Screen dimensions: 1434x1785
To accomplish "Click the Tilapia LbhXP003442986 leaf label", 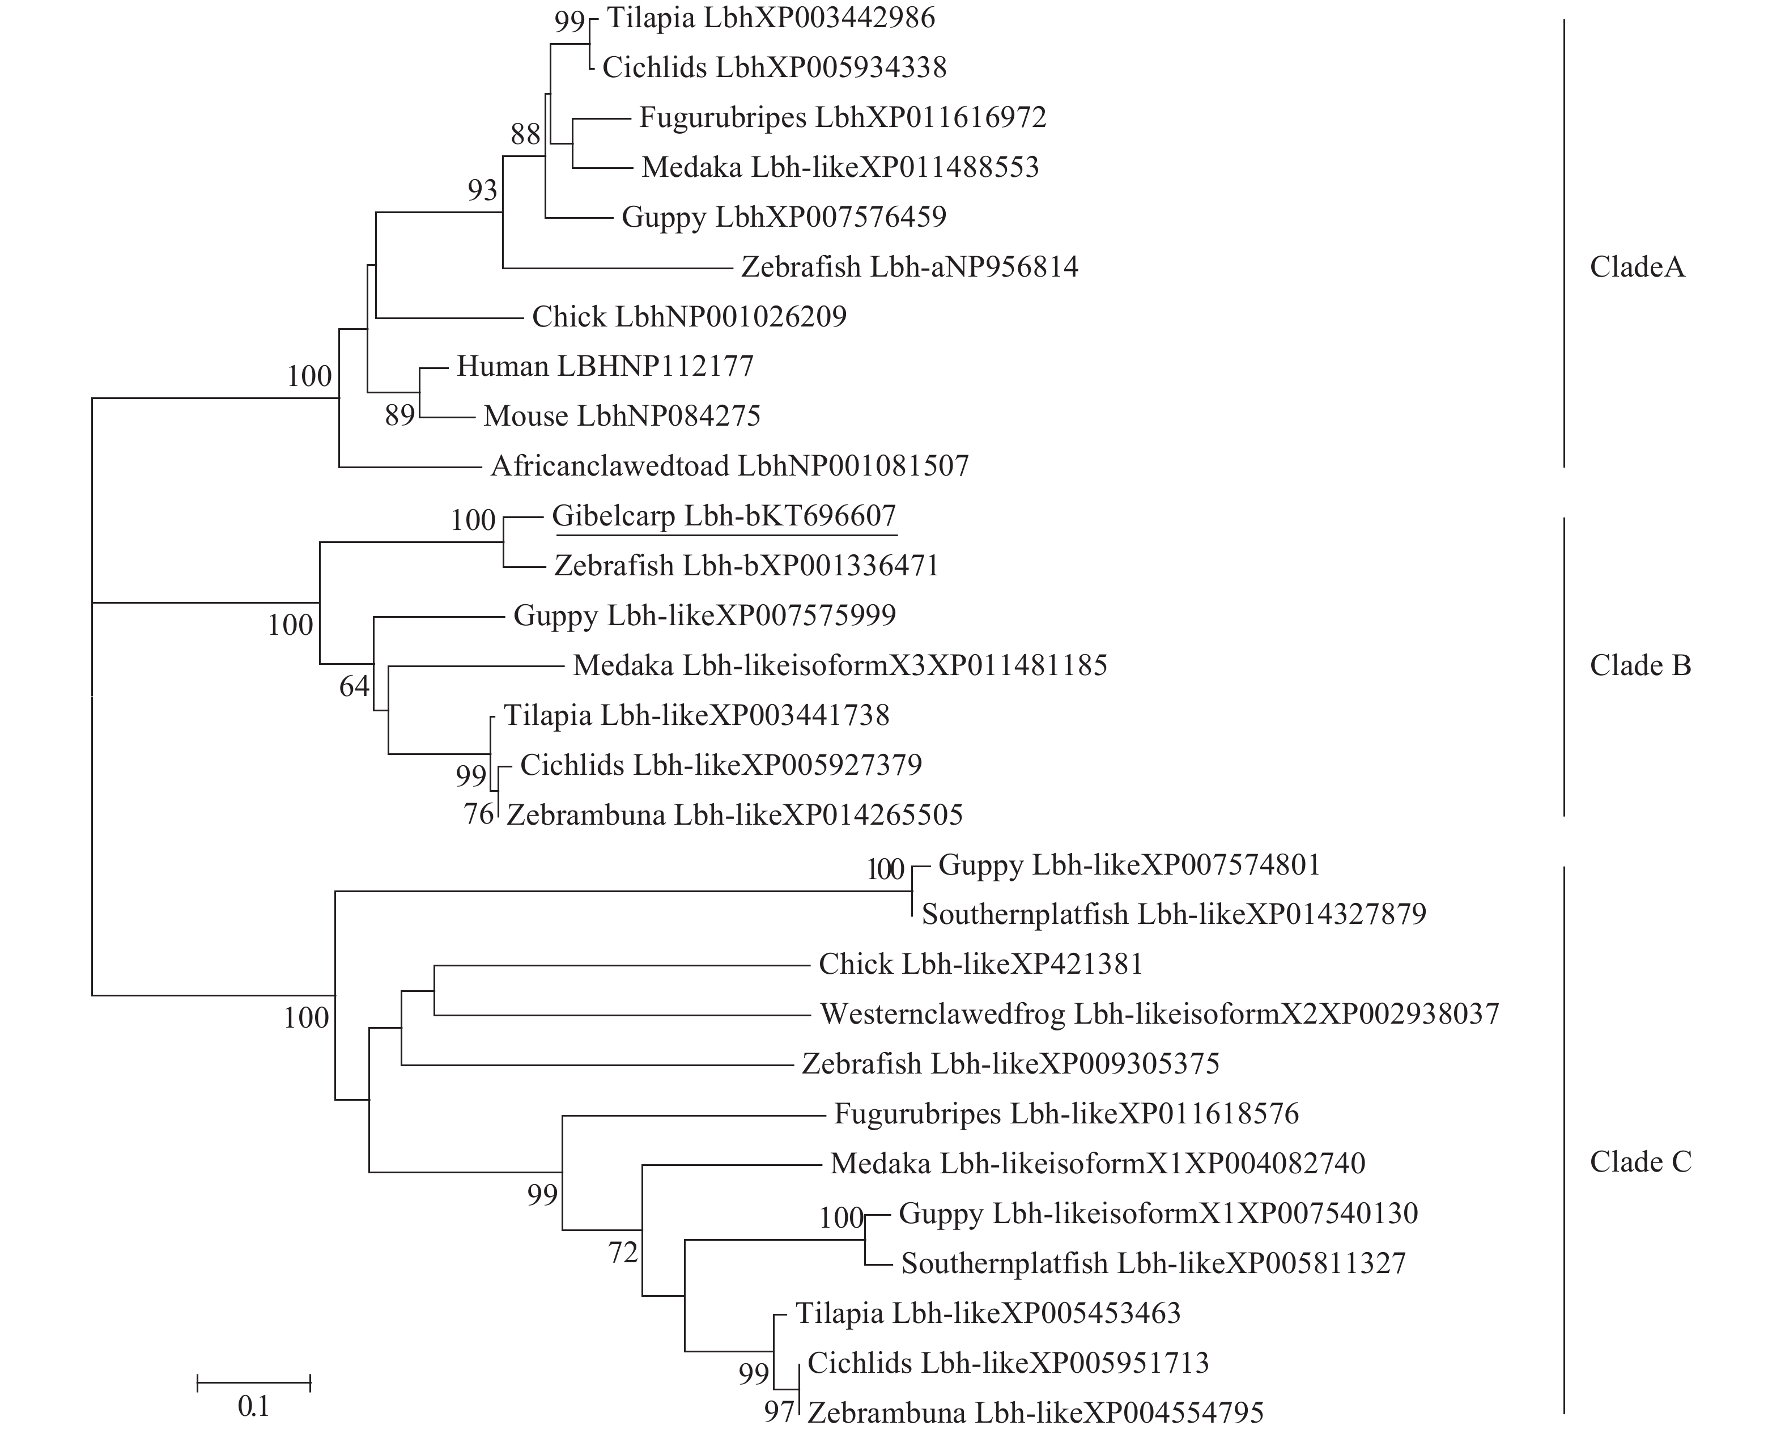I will coord(771,18).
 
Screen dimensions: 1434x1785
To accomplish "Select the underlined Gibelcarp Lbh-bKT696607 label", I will coord(724,517).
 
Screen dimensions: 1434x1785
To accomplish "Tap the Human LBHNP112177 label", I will coord(605,366).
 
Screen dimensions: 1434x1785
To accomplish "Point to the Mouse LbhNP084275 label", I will coord(622,415).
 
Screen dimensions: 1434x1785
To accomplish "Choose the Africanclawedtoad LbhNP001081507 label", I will coord(729,466).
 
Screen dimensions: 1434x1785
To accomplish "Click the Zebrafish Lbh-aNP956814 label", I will coord(909,266).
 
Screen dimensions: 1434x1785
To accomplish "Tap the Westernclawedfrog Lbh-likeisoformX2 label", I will coord(1159,1014).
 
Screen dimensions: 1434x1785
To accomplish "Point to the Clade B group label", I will coord(1640,665).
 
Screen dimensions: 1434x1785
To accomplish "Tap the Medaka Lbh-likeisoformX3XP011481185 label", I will coord(839,665).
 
